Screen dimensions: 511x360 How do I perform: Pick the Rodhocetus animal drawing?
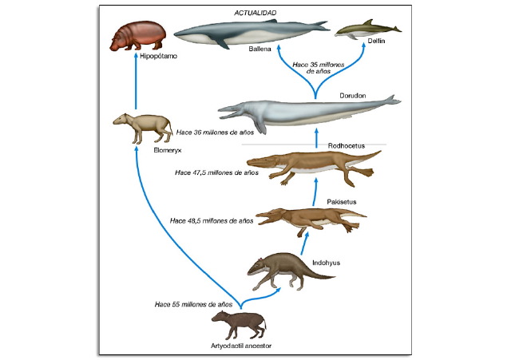click(319, 164)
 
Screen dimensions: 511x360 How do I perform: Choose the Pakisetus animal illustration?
click(307, 217)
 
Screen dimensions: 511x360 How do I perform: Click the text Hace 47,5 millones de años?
click(217, 172)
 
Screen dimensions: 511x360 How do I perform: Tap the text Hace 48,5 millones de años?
click(212, 220)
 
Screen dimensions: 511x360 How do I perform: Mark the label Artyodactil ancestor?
click(242, 346)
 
